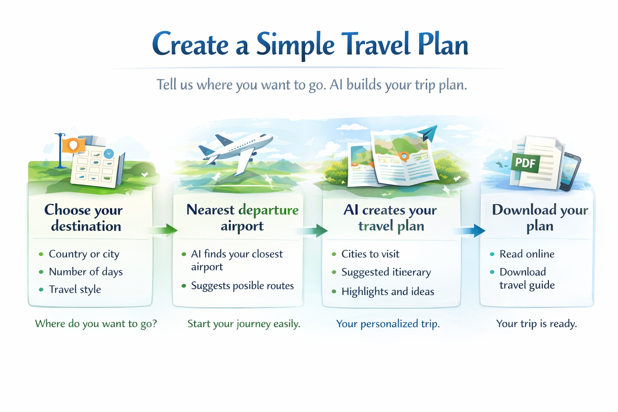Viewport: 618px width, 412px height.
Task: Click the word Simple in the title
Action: (295, 45)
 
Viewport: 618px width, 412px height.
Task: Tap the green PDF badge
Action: (525, 163)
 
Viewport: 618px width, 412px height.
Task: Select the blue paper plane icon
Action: (427, 134)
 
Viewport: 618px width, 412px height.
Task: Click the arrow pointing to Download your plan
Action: (471, 231)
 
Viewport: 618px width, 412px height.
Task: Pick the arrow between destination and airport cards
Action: (163, 230)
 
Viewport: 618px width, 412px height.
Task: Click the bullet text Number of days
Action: (86, 272)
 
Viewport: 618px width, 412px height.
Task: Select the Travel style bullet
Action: (75, 289)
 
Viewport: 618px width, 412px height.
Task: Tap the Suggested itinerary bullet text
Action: (386, 272)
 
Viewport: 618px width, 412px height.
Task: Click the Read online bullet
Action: (527, 254)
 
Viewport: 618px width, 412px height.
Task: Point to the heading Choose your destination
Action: (83, 218)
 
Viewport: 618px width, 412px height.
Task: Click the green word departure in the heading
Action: (268, 210)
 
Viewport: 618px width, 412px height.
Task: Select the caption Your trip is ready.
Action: (536, 323)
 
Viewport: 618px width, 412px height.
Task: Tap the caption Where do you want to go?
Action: (96, 324)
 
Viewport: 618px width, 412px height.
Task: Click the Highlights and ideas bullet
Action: (387, 291)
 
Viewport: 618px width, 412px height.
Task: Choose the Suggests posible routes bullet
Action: (242, 286)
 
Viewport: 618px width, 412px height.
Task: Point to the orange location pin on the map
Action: (404, 157)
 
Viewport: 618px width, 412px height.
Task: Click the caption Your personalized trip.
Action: (388, 324)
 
